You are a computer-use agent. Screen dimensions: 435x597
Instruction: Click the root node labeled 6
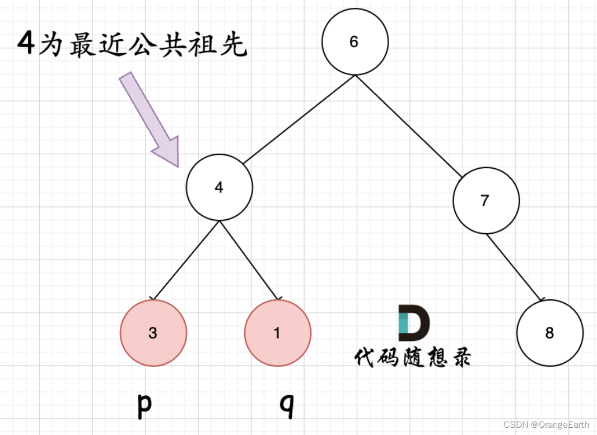(x=355, y=42)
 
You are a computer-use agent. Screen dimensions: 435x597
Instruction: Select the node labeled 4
(x=219, y=187)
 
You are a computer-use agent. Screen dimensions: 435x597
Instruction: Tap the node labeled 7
(x=486, y=200)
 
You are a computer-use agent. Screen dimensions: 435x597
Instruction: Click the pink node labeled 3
(x=153, y=334)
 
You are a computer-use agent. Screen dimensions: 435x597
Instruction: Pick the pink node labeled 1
(x=277, y=334)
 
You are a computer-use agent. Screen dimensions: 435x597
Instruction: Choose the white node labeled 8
(x=549, y=333)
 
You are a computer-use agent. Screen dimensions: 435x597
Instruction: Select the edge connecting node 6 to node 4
(x=298, y=119)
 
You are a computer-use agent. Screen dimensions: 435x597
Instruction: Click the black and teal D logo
(x=413, y=323)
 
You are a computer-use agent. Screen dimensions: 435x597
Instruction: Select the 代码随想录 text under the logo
(x=413, y=357)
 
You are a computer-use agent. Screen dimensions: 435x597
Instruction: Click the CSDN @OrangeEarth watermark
(x=546, y=425)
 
